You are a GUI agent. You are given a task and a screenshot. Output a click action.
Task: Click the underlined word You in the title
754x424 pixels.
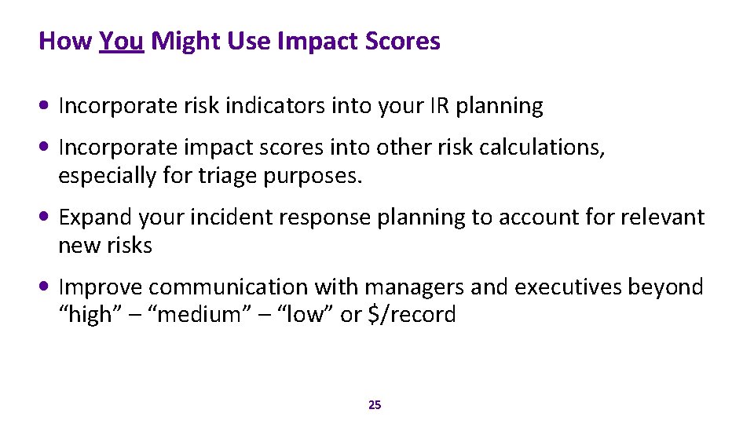pos(122,41)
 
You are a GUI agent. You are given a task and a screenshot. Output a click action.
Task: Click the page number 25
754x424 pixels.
pos(375,405)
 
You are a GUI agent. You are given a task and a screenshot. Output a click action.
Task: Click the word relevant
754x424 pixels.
pos(663,217)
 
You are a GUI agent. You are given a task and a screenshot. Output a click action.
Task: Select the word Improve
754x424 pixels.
pos(100,287)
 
